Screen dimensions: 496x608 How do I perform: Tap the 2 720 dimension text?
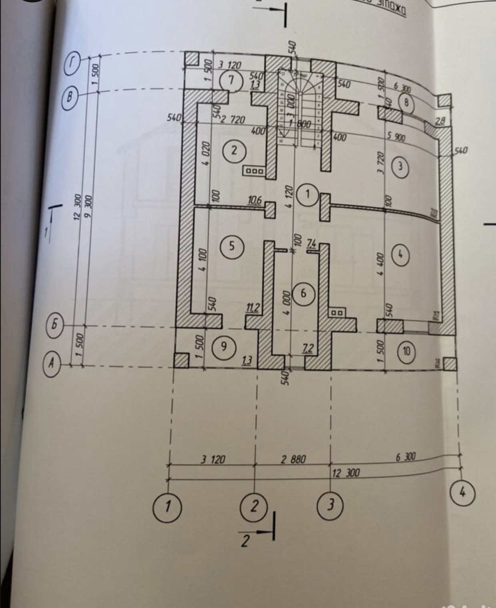point(233,119)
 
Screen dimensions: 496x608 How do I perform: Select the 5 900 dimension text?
point(396,137)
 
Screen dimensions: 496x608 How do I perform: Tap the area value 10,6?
point(254,200)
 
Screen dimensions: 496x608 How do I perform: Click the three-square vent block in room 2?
point(254,171)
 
